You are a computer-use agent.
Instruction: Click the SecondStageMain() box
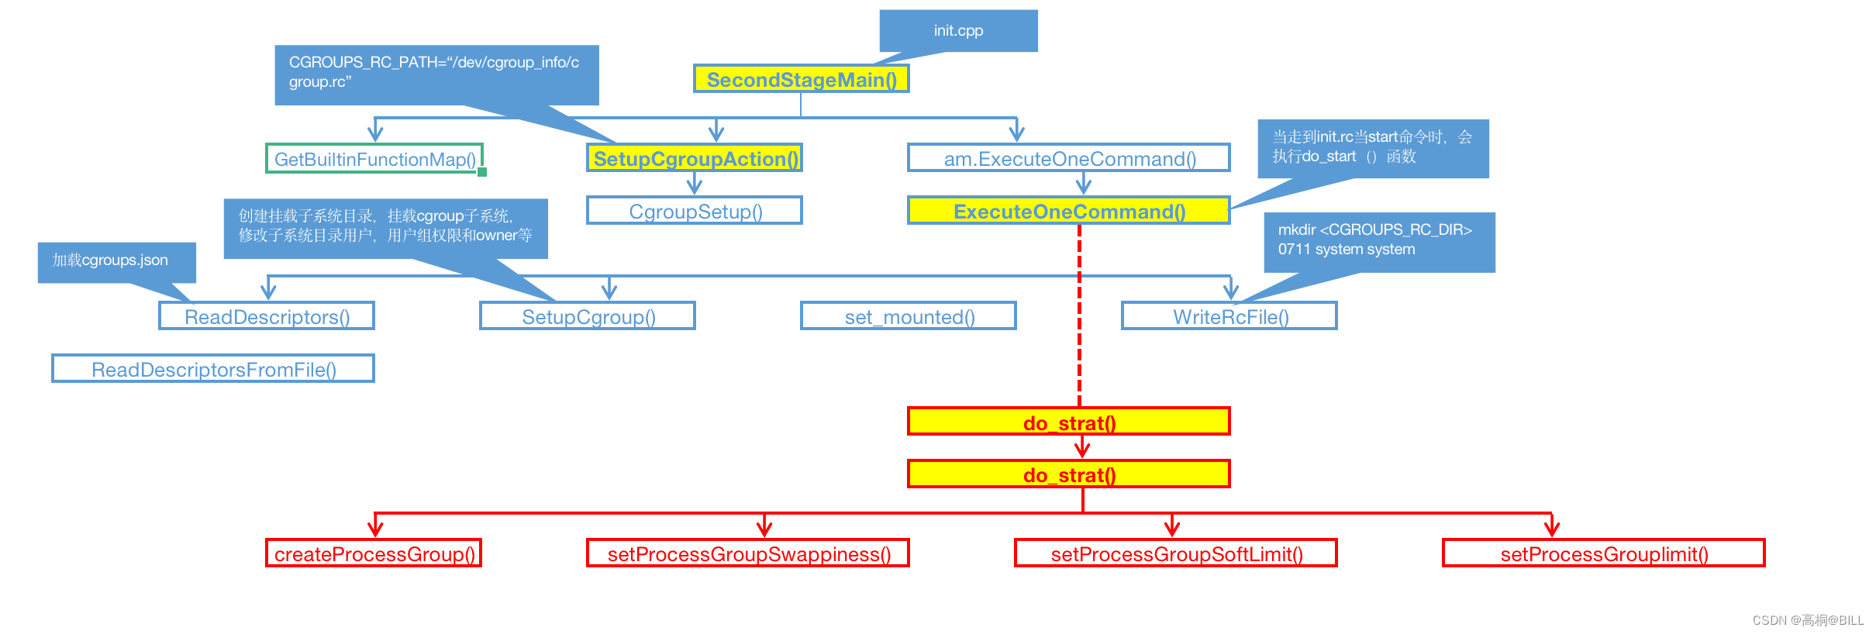click(801, 79)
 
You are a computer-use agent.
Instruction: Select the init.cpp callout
click(958, 31)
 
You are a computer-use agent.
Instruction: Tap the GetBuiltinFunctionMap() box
click(374, 159)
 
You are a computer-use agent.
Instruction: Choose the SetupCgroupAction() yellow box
click(695, 158)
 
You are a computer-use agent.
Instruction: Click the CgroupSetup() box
click(695, 211)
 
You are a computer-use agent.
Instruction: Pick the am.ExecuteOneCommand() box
click(1068, 158)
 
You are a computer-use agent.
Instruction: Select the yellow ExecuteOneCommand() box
click(1068, 211)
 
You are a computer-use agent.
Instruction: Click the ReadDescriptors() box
click(267, 316)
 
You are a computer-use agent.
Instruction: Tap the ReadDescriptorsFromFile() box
click(213, 369)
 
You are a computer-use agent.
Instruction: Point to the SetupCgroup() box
click(588, 316)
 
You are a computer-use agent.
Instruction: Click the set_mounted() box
click(909, 316)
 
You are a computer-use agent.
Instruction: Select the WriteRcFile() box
click(1229, 316)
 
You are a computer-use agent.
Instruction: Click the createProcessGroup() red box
click(374, 553)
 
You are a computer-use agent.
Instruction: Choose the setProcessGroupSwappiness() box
click(748, 553)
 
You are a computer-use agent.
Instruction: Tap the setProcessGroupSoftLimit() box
click(1176, 553)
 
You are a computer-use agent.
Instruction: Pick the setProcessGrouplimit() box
click(1603, 553)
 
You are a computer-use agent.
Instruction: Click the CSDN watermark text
click(1807, 620)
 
